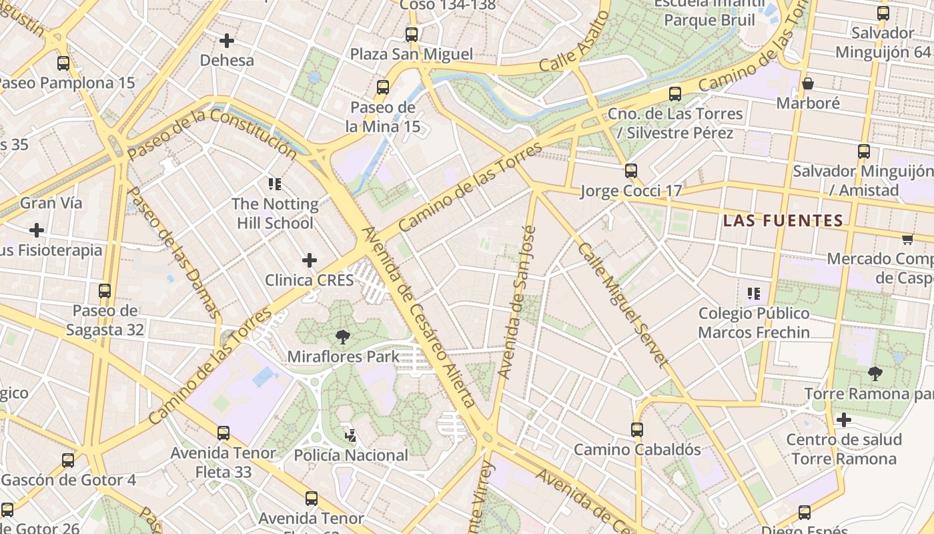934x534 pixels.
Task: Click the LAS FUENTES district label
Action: click(x=783, y=220)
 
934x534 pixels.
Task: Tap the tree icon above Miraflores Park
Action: click(x=343, y=337)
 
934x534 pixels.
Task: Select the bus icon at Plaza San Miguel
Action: click(x=412, y=34)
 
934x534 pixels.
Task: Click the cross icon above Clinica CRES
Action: click(x=310, y=260)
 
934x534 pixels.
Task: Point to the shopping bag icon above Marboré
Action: click(x=807, y=83)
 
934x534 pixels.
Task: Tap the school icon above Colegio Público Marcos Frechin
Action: click(x=754, y=293)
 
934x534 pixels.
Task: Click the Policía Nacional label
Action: click(x=351, y=455)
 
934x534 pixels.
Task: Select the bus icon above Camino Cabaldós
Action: click(x=637, y=429)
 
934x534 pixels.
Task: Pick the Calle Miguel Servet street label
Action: click(x=622, y=304)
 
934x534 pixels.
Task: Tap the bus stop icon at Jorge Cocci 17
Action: click(x=631, y=171)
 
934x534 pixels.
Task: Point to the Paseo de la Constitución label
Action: click(x=211, y=133)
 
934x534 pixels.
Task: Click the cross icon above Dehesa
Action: click(x=227, y=41)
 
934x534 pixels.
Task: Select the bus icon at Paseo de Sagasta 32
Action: click(x=105, y=291)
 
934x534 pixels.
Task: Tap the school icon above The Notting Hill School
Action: click(x=274, y=184)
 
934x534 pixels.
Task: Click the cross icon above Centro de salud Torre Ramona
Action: click(x=844, y=420)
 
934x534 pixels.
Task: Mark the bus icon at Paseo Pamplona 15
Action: click(x=63, y=63)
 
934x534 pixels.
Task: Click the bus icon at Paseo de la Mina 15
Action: click(x=383, y=87)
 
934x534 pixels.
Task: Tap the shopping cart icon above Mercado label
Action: click(x=907, y=239)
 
